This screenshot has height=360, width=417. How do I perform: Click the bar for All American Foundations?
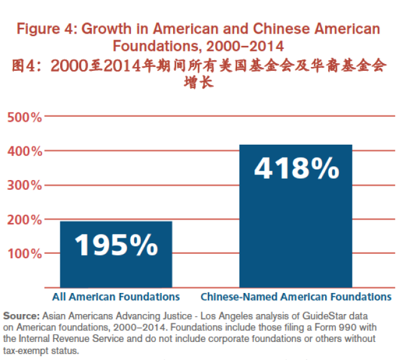click(x=116, y=254)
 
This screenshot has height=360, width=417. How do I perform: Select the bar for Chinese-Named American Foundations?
click(x=296, y=217)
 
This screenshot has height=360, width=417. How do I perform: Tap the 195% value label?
click(x=116, y=245)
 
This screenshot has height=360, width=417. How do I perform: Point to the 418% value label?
click(x=296, y=169)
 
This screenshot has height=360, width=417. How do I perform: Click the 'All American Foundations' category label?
click(x=116, y=297)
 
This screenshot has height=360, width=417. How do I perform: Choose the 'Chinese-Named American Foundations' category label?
click(x=296, y=297)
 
